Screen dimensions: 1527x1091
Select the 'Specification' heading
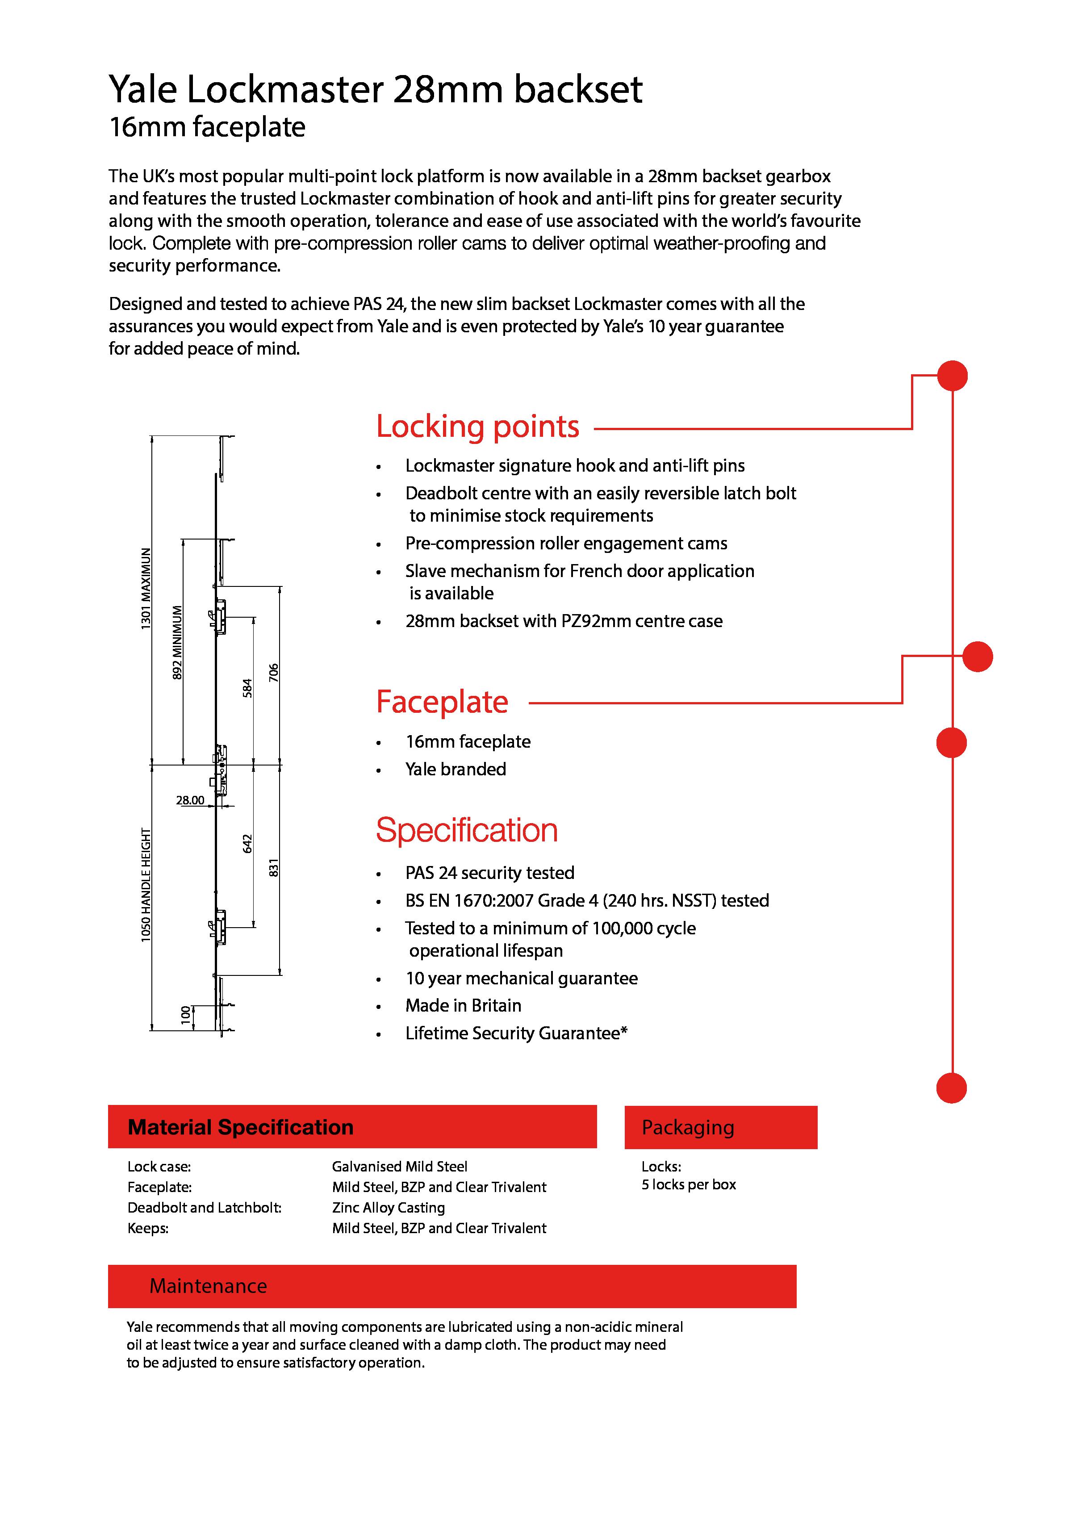tap(466, 830)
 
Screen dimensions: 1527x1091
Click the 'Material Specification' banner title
tap(241, 1127)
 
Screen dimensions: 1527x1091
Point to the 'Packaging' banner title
tap(687, 1127)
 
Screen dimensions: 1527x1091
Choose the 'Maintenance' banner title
tap(208, 1286)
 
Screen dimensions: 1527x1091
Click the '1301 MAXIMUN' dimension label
tap(146, 589)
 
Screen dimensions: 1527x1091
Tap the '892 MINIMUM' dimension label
tap(177, 642)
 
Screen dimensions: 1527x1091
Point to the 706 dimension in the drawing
tap(273, 673)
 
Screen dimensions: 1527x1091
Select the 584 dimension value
tap(247, 688)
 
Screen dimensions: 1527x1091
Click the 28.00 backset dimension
tap(190, 800)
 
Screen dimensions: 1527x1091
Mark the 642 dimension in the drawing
tap(247, 844)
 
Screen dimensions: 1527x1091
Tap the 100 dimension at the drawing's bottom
tap(185, 1015)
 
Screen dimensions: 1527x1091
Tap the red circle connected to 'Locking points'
tap(952, 376)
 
